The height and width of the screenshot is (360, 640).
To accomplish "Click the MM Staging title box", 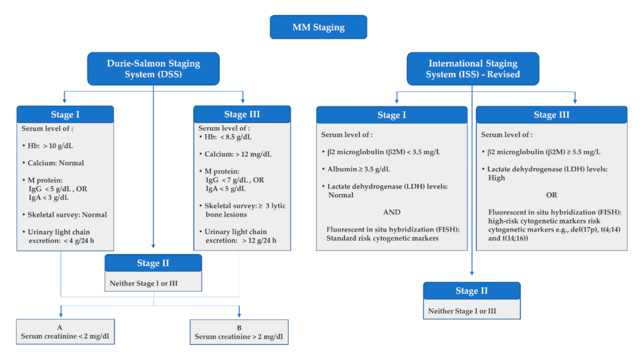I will [x=318, y=27].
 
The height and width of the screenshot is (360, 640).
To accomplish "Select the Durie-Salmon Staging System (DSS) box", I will [x=153, y=69].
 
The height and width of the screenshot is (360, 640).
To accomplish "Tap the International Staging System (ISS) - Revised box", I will [x=473, y=69].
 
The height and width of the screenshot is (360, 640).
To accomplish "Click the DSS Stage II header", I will [x=153, y=263].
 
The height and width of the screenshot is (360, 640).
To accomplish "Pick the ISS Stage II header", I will [x=471, y=291].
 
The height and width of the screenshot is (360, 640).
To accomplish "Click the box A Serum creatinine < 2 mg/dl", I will [x=65, y=331].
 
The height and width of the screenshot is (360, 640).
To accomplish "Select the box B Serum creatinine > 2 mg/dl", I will [x=239, y=332].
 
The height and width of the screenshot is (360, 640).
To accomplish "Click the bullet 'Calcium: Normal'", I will [x=55, y=163].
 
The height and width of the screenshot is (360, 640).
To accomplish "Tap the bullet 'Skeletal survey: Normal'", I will [x=67, y=215].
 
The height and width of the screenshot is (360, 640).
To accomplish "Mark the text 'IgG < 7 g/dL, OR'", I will [x=234, y=180].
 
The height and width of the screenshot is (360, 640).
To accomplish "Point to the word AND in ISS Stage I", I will [x=391, y=212].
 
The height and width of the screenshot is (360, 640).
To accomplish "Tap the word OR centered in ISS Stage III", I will [x=551, y=195].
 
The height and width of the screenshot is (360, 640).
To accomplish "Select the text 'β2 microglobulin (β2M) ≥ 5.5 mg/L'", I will [x=543, y=152].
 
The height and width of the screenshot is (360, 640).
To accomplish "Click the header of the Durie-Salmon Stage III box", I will [x=242, y=114].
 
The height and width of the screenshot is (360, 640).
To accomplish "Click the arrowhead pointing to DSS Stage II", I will [x=153, y=246].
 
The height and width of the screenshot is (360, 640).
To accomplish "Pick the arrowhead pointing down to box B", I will [x=239, y=314].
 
